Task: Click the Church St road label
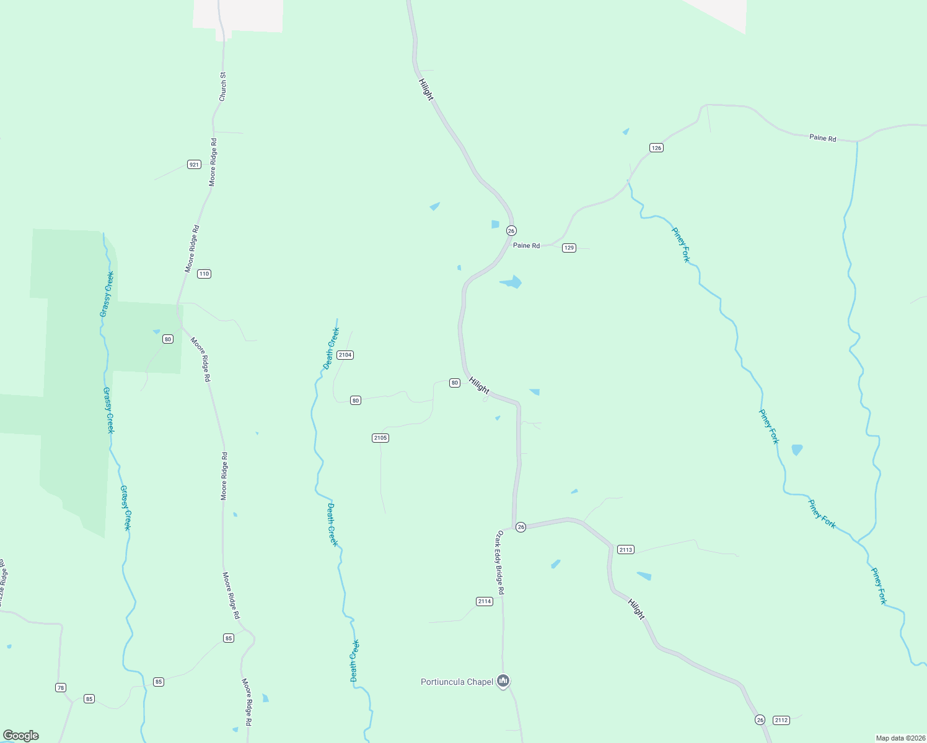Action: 223,87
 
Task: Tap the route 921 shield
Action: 194,165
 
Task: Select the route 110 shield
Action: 204,274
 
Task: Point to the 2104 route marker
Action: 345,355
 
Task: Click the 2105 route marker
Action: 380,438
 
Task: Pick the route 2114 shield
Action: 485,602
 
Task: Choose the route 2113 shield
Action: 626,550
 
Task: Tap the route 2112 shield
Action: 781,720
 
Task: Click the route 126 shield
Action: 657,147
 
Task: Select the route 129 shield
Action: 569,248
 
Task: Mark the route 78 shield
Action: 60,688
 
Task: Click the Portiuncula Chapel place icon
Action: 503,682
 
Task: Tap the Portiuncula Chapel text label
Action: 457,682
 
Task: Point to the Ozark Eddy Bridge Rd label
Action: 499,562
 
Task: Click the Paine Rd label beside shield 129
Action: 526,246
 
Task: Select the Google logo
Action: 21,736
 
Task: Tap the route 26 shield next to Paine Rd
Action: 511,231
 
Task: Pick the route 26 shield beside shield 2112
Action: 760,720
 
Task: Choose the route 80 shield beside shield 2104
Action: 356,401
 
